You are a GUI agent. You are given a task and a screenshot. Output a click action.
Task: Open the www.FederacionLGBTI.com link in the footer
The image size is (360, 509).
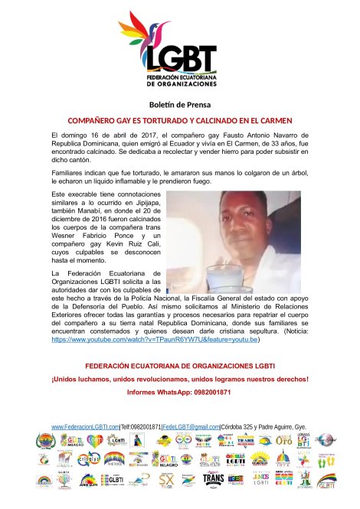85,426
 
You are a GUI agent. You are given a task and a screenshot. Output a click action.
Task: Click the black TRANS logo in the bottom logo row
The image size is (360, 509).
213,479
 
